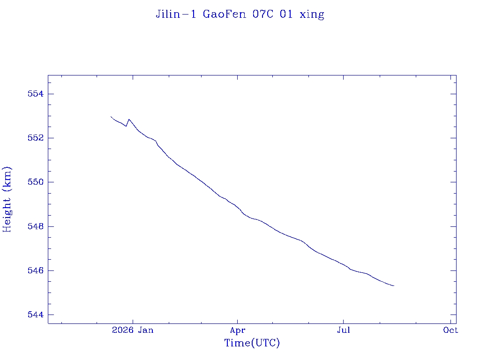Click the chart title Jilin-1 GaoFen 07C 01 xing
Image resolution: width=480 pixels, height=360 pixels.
(240, 15)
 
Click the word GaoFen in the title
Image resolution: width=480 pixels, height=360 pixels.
(225, 14)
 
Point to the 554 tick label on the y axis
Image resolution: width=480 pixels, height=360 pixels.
(36, 94)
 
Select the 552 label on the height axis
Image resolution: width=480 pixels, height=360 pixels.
(36, 138)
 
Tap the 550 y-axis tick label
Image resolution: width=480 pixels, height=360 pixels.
(36, 182)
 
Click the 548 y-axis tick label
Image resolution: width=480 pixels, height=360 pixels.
(36, 226)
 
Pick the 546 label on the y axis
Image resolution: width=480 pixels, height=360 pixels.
(36, 270)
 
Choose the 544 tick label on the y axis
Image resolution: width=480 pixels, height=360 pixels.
(36, 315)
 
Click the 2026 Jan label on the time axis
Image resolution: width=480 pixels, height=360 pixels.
(133, 330)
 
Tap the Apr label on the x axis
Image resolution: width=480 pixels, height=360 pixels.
(238, 330)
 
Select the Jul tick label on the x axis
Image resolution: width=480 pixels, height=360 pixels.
(344, 330)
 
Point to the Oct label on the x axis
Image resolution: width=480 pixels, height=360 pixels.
(450, 330)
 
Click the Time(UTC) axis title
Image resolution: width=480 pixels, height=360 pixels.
(252, 343)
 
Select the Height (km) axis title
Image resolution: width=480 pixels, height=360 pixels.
(7, 200)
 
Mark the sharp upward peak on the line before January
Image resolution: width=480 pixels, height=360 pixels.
(129, 120)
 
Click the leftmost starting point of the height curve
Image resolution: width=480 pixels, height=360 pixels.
(111, 117)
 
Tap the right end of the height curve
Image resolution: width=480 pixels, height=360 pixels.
(394, 285)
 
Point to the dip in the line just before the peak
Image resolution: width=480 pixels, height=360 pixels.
(126, 126)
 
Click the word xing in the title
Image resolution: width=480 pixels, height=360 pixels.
(312, 15)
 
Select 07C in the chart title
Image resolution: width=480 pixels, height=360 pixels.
(262, 14)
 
